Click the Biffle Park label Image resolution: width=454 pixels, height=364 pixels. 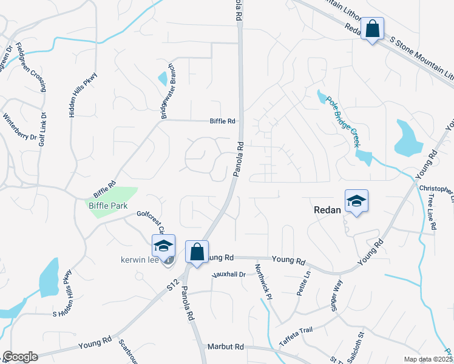pyautogui.click(x=108, y=206)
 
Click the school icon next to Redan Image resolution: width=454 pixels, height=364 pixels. pyautogui.click(x=356, y=201)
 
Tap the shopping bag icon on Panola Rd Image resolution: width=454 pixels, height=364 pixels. pyautogui.click(x=197, y=252)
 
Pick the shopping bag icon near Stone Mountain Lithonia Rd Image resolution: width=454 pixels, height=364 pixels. pyautogui.click(x=372, y=29)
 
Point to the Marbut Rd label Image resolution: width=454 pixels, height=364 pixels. pyautogui.click(x=225, y=346)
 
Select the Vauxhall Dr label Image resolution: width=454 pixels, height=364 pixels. pyautogui.click(x=229, y=274)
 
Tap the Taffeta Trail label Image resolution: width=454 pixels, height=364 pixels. pyautogui.click(x=295, y=330)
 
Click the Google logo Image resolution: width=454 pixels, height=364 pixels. pyautogui.click(x=20, y=357)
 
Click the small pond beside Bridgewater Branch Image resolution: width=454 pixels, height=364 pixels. pyautogui.click(x=163, y=78)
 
